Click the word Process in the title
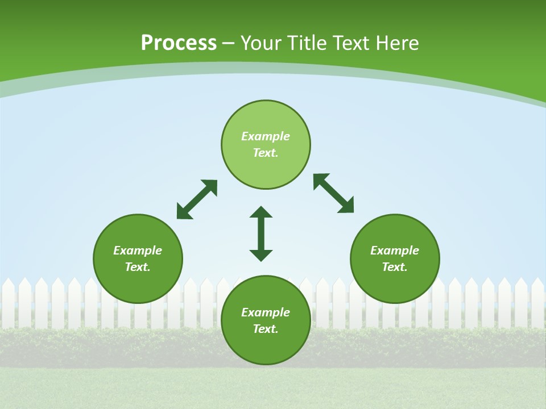(x=179, y=43)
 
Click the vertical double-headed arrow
(x=261, y=233)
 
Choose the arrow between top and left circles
(x=197, y=199)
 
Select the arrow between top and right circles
(x=333, y=193)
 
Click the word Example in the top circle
(x=266, y=136)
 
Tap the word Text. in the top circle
(x=266, y=153)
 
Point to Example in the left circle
(x=138, y=251)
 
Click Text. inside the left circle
(x=138, y=267)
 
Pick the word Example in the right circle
(x=395, y=251)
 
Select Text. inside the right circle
(x=395, y=267)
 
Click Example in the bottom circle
(x=266, y=312)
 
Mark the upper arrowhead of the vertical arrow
(x=261, y=212)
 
